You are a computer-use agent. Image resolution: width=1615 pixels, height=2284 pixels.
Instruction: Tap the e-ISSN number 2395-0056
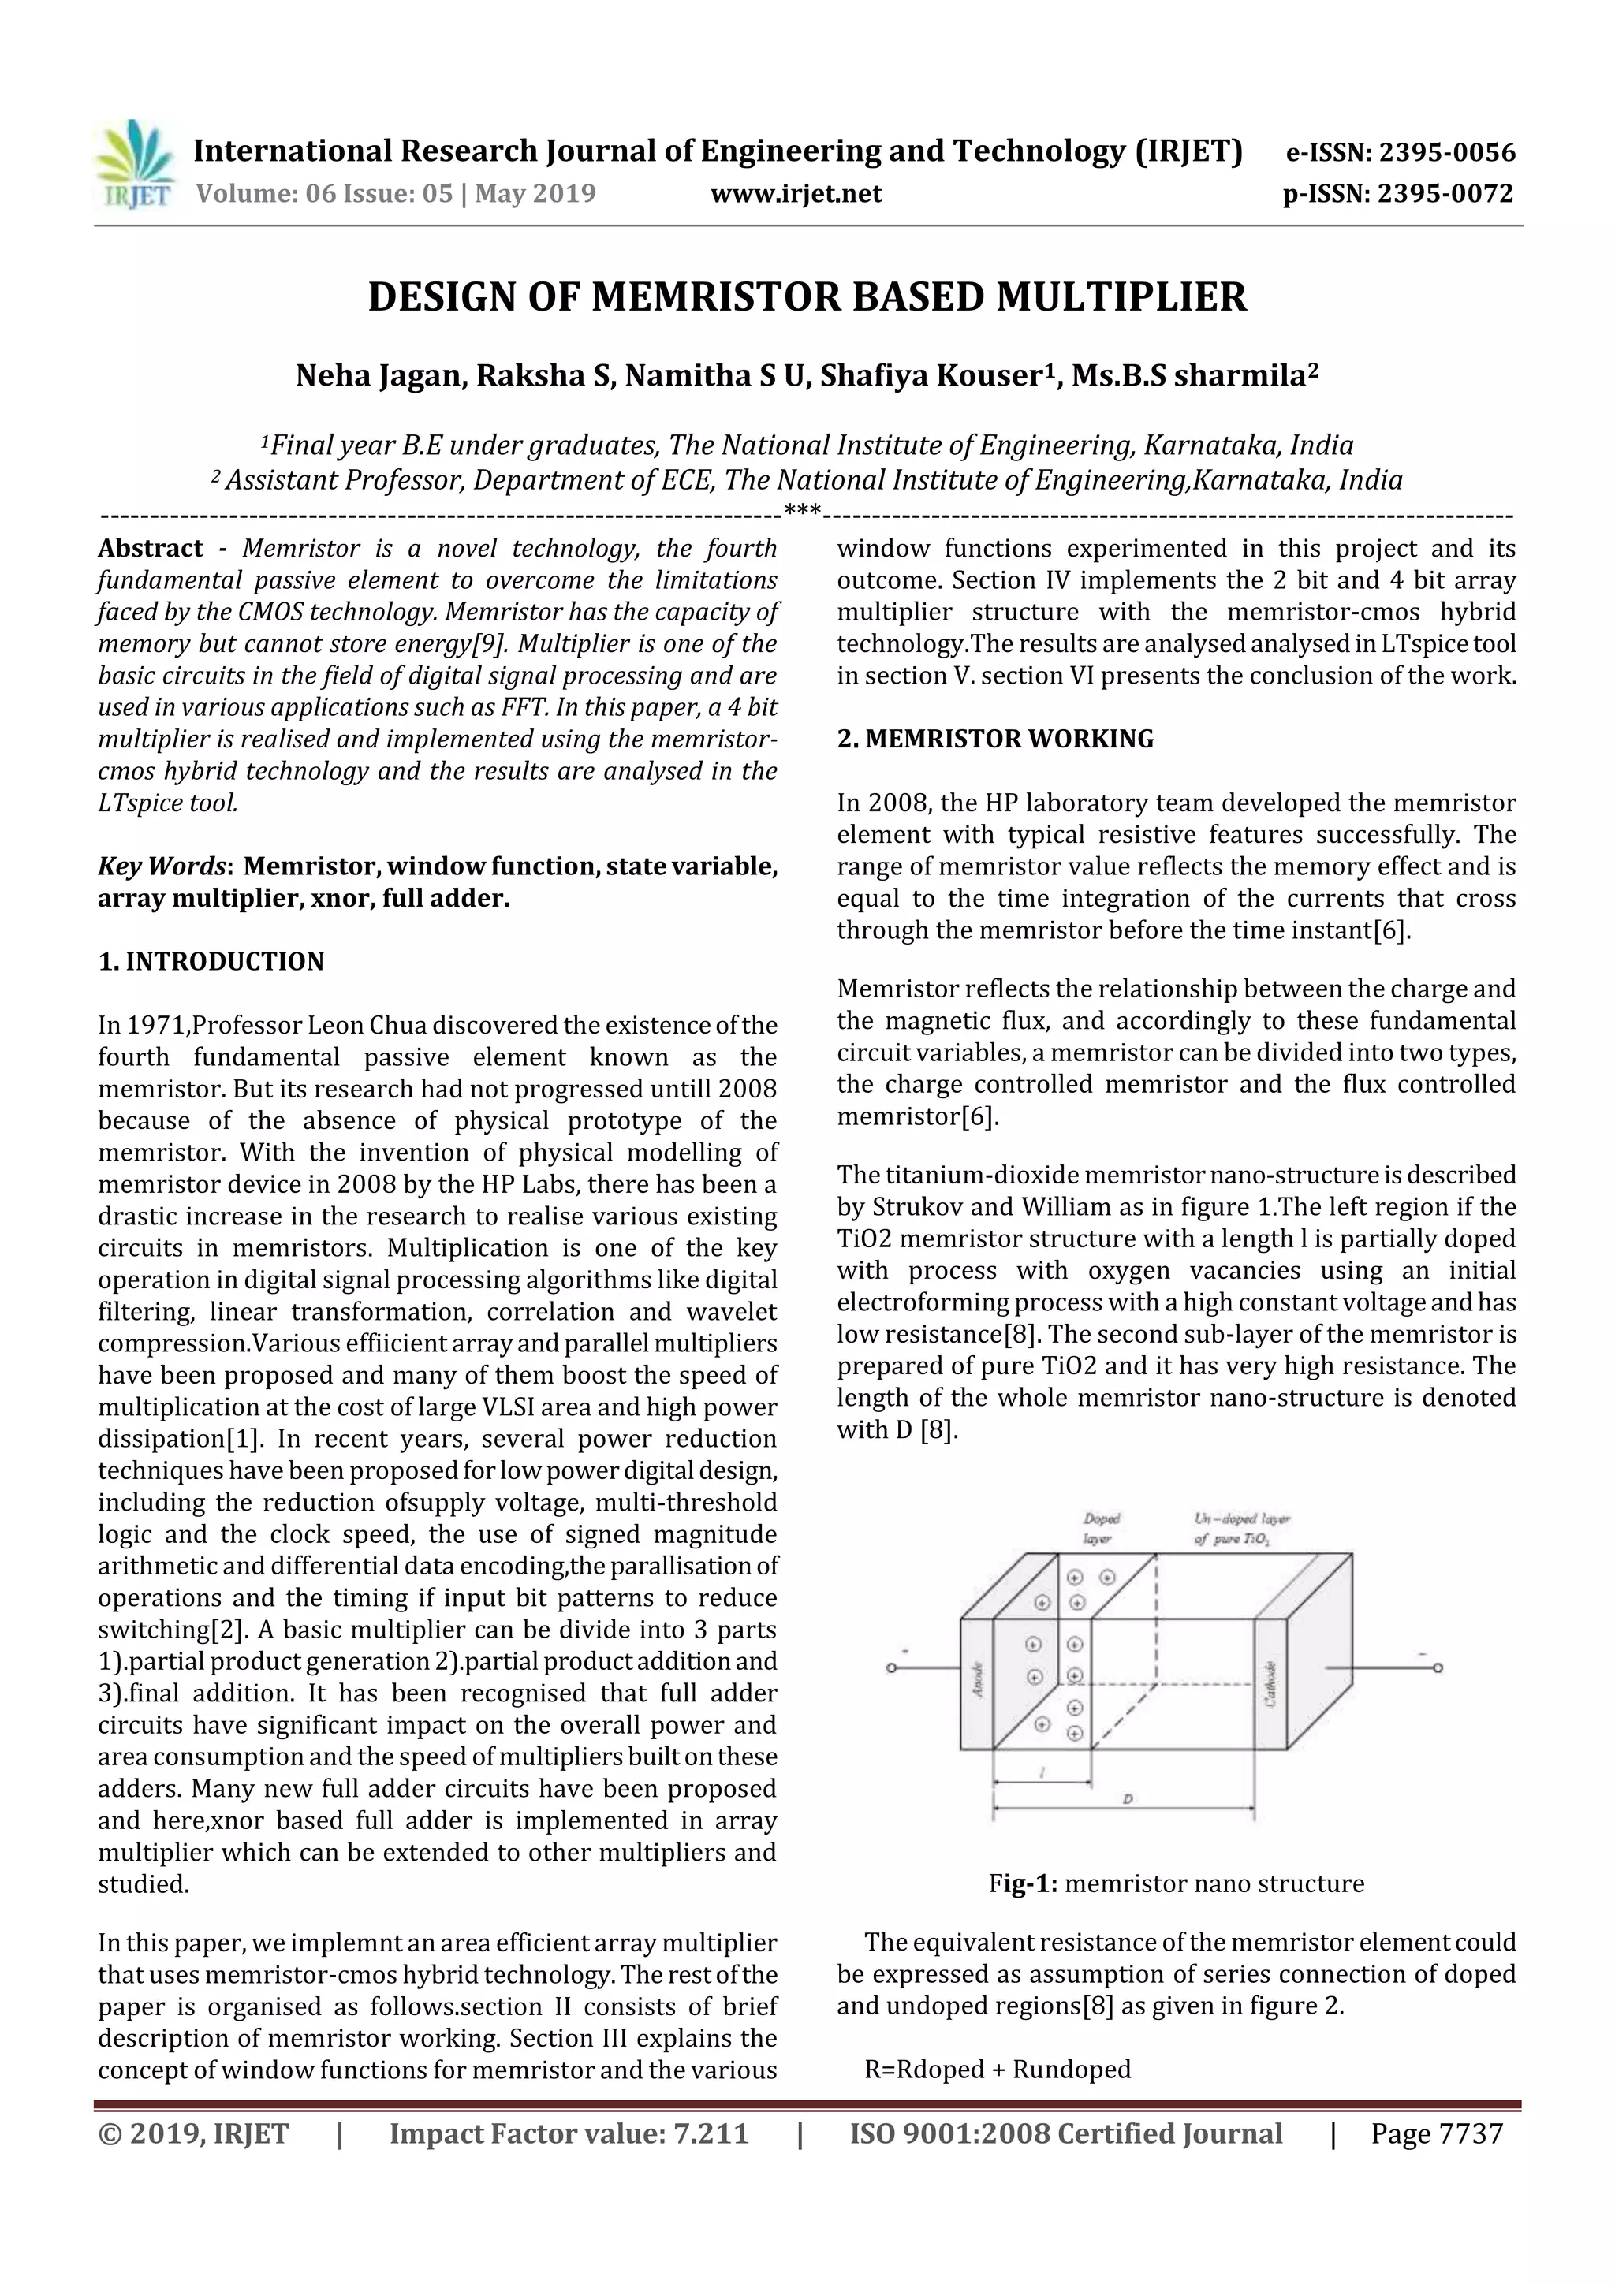point(1447,152)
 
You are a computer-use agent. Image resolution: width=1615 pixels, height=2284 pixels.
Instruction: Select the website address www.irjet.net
point(795,193)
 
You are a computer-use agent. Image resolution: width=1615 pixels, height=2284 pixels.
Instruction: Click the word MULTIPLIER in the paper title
point(1121,296)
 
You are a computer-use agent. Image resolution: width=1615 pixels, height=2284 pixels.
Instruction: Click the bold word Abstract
point(151,548)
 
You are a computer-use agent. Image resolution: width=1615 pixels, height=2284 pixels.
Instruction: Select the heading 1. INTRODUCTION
point(211,961)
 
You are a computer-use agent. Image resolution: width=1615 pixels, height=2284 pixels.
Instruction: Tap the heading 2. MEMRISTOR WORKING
point(995,738)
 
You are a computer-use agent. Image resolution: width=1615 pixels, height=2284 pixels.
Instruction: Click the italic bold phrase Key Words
point(163,866)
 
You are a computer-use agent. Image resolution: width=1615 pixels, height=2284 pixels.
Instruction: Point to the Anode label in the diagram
point(977,1680)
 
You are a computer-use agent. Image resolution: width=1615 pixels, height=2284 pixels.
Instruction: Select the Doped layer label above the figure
point(1102,1528)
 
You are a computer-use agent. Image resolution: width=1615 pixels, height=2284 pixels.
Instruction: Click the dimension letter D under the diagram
point(1128,1798)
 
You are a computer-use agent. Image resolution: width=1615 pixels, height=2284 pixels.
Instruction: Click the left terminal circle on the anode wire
point(892,1667)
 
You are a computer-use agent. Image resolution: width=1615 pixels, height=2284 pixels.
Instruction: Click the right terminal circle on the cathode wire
point(1437,1667)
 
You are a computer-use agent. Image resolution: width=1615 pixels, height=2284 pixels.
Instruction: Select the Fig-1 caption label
point(1023,1883)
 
